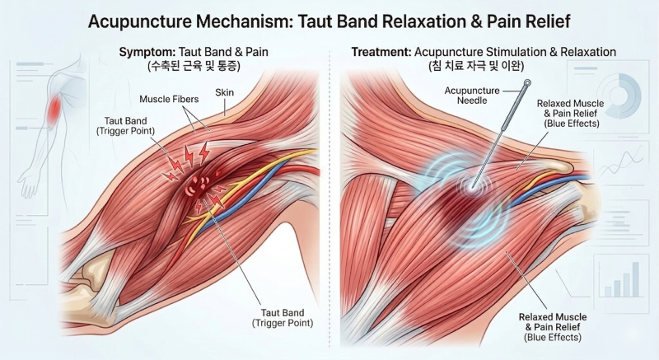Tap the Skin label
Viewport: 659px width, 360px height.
pos(224,92)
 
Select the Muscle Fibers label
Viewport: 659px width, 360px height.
pos(169,99)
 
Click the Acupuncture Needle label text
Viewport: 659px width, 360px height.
pos(472,96)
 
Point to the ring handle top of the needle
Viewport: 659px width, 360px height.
pos(527,82)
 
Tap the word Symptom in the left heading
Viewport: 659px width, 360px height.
pos(147,53)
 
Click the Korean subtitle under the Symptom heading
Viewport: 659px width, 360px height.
pos(194,66)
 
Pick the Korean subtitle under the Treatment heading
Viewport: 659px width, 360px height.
pos(475,66)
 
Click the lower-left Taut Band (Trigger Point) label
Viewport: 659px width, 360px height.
pos(283,318)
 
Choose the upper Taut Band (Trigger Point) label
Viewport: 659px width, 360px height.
pos(126,126)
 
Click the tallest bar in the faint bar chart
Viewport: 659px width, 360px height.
pos(635,279)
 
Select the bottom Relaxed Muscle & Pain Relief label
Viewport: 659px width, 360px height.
pos(553,327)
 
